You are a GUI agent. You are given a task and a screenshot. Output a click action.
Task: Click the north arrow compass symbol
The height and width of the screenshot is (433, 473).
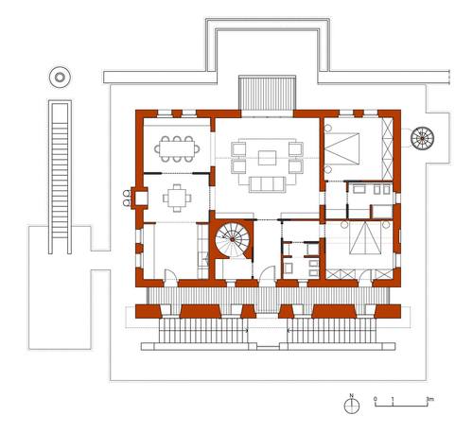(x=352, y=406)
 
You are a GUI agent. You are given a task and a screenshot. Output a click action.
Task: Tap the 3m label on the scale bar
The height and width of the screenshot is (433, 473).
(x=429, y=399)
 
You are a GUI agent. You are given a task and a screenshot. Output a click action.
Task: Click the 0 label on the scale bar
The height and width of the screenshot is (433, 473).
(x=376, y=399)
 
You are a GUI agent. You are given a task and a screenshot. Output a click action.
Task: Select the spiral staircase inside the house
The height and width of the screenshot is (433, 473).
(x=233, y=239)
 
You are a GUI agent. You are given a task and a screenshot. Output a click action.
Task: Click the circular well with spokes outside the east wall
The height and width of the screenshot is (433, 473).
(x=422, y=138)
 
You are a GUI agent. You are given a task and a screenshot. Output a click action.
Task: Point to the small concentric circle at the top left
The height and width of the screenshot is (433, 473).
(x=60, y=77)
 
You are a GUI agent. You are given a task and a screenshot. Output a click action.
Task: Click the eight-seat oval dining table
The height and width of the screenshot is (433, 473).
(x=177, y=149)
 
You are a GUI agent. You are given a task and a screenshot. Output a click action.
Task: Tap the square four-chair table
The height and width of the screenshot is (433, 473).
(x=177, y=198)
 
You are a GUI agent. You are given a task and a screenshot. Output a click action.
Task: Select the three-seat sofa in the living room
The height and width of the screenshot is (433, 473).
(x=267, y=184)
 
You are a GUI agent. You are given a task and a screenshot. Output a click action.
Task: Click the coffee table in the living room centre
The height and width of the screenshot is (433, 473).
(x=267, y=158)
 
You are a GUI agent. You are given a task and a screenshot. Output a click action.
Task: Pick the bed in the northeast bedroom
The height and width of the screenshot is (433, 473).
(x=342, y=148)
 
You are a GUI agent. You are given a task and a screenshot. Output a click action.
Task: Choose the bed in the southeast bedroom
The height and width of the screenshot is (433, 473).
(x=365, y=237)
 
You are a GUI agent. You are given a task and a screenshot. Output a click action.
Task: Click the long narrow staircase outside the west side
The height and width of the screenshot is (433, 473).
(x=60, y=177)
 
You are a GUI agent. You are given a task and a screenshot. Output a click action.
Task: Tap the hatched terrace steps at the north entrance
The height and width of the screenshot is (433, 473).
(x=267, y=93)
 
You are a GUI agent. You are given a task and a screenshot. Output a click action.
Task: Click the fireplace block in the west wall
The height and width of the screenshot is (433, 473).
(x=139, y=198)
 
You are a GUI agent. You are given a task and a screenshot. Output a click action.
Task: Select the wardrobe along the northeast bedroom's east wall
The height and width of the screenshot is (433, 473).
(x=387, y=148)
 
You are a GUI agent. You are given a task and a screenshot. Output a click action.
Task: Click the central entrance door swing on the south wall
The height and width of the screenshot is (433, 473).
(x=268, y=273)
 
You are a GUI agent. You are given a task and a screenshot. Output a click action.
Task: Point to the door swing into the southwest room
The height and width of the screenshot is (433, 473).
(x=171, y=274)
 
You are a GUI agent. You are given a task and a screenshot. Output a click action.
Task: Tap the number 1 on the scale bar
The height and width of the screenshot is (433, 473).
(x=393, y=399)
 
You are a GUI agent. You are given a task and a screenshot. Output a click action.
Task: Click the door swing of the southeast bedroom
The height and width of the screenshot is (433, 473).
(x=365, y=275)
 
